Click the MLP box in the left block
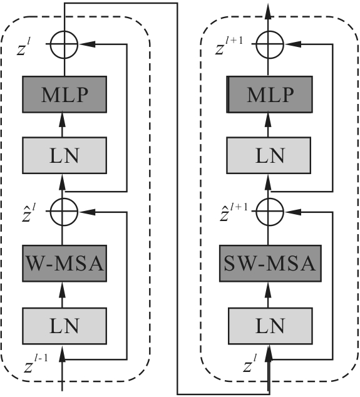[x=64, y=95]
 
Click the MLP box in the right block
[x=269, y=95]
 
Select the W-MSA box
[x=64, y=264]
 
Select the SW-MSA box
[x=270, y=264]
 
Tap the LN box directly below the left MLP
[x=64, y=155]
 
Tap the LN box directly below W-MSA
[x=64, y=326]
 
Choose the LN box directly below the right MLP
[x=269, y=155]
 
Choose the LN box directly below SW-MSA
[x=270, y=326]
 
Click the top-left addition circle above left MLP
[x=64, y=44]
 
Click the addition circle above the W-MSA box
[x=64, y=212]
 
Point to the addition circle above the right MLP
[x=270, y=44]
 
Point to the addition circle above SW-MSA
[x=270, y=212]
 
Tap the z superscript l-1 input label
[x=36, y=364]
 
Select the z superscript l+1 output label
[x=229, y=46]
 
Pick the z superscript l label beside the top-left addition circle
[x=24, y=46]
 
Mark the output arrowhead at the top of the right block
[x=269, y=11]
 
